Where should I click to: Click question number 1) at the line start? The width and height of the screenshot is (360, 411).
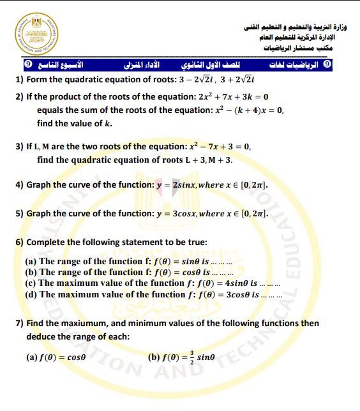click(x=20, y=80)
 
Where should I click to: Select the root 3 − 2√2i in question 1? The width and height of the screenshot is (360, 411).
click(x=200, y=80)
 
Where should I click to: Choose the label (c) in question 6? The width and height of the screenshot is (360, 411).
click(x=31, y=283)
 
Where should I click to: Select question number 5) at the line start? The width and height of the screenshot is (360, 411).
click(x=20, y=214)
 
